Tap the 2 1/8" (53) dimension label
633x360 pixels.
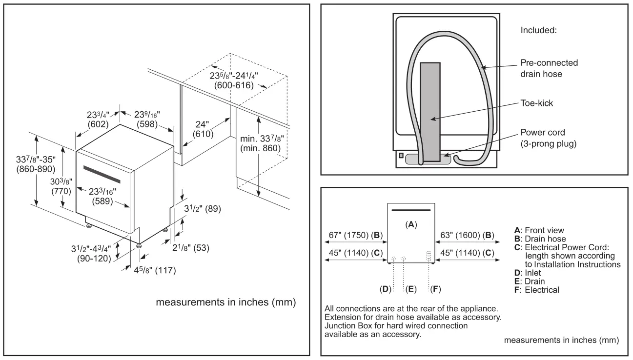(x=192, y=247)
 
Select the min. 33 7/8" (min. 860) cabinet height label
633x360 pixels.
(x=262, y=143)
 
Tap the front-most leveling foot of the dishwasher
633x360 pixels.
(x=140, y=246)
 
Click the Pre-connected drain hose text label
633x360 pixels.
(x=549, y=68)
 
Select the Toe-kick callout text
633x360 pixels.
(x=536, y=104)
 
